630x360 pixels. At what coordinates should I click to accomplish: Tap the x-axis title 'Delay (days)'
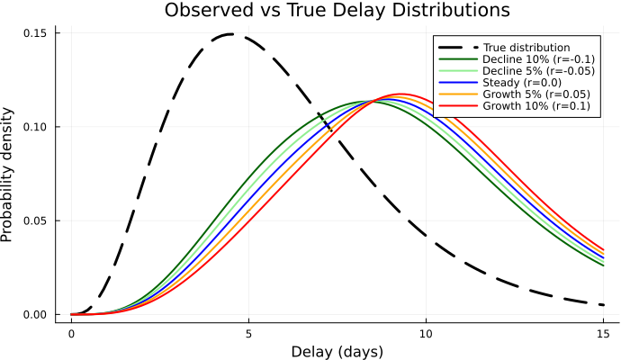337,351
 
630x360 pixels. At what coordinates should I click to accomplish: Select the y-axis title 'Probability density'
9,175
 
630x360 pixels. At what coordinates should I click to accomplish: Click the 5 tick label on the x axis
248,331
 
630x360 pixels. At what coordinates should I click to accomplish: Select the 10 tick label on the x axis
426,331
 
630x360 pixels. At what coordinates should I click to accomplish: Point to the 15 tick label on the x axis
603,331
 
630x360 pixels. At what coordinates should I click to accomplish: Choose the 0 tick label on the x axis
71,331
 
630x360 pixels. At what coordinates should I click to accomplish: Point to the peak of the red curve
401,94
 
